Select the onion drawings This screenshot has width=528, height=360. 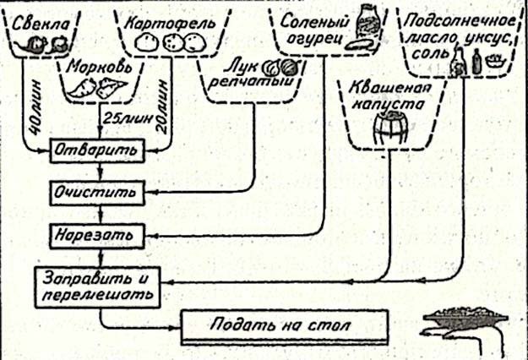tap(277, 66)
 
